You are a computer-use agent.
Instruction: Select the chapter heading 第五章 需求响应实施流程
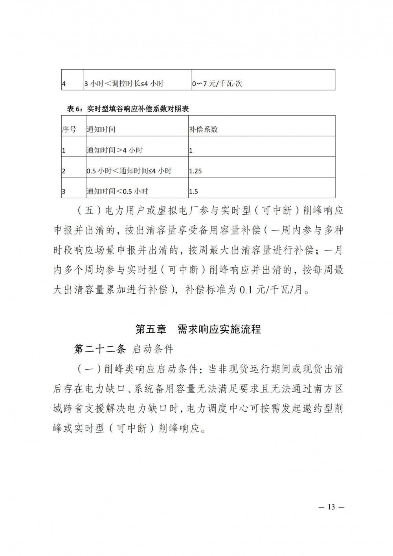198,329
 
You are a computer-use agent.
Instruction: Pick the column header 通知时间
101,129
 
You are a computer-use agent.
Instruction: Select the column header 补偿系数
203,129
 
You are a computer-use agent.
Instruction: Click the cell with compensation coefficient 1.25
195,171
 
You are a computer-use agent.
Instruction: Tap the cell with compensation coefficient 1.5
193,192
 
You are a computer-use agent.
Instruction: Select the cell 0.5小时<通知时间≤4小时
129,171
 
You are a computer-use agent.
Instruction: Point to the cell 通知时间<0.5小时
117,192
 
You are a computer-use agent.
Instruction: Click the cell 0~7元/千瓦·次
217,84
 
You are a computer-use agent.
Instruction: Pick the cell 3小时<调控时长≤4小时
124,84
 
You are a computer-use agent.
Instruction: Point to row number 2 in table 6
64,171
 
